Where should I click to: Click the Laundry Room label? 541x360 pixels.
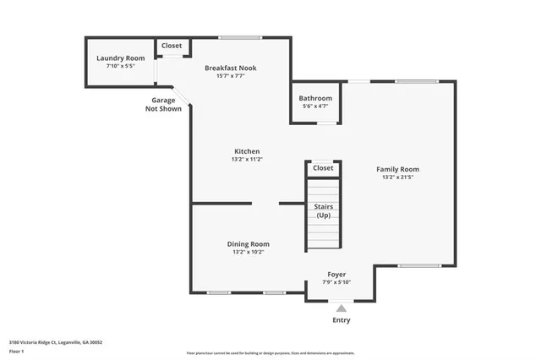point(120,58)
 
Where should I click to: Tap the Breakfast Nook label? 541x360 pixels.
point(231,68)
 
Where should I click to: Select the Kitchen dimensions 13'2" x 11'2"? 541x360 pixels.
point(246,160)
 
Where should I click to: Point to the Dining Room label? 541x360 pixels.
point(248,243)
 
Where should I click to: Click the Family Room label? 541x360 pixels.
point(397,169)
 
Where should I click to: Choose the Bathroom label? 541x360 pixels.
point(316,98)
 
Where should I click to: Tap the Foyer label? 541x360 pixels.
point(336,275)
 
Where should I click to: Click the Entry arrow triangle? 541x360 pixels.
point(342,308)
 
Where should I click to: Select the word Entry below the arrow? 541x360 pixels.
point(342,320)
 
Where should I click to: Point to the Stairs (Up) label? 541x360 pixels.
point(323,210)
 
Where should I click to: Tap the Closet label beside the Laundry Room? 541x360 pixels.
point(172,46)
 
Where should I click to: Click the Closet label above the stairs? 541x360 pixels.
point(323,168)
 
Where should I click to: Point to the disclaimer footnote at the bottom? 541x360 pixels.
point(271,352)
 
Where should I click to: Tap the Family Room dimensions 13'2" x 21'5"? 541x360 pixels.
point(397,177)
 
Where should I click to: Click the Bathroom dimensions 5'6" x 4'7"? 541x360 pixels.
point(316,106)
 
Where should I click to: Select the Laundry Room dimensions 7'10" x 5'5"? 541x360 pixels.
point(120,66)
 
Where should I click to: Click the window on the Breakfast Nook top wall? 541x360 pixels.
point(240,37)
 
